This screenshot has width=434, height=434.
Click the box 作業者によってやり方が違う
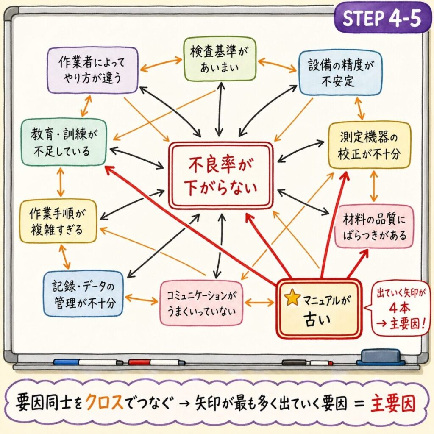point(92,70)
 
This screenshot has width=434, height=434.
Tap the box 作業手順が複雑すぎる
point(58,222)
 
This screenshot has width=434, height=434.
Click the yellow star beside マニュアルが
point(292,298)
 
